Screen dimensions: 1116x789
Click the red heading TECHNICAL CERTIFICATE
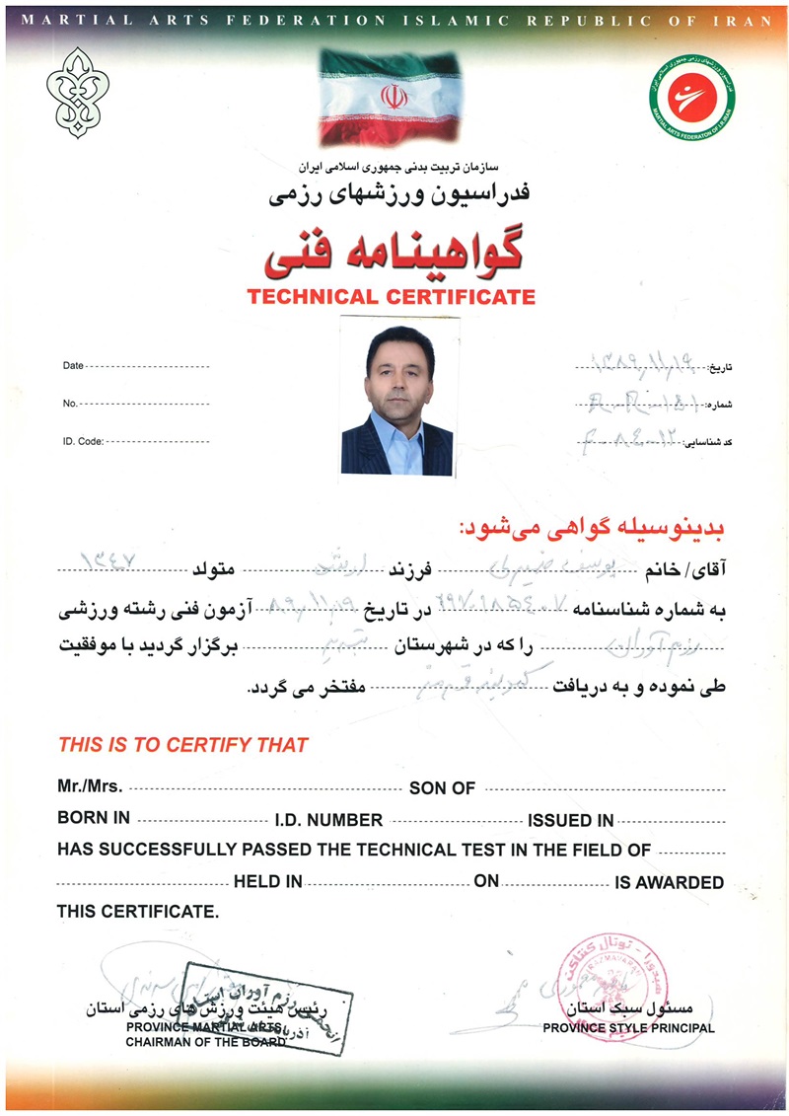point(391,296)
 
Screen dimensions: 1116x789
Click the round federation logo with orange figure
point(692,97)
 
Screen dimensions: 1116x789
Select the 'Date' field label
point(73,365)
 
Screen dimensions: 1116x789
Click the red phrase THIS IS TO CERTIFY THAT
point(182,745)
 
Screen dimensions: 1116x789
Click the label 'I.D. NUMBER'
point(328,820)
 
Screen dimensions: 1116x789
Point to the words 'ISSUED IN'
point(571,820)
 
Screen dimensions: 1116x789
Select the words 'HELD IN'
point(268,882)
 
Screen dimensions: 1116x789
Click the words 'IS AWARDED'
point(670,882)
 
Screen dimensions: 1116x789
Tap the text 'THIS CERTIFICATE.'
point(136,912)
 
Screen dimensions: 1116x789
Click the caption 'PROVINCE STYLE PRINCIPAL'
point(628,1028)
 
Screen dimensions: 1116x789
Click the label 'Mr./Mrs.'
point(90,787)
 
